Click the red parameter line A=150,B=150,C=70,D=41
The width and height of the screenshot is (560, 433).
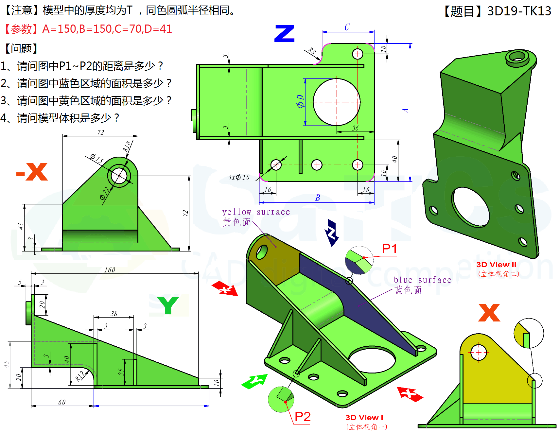[x=107, y=29]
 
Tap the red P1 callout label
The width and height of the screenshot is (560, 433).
[x=389, y=249]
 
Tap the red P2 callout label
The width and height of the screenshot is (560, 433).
[x=302, y=417]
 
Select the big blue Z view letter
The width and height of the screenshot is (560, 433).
[x=284, y=34]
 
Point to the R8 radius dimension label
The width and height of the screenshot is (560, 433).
[x=312, y=51]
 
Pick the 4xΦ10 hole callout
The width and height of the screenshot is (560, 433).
[x=239, y=178]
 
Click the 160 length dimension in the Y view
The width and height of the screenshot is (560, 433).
[x=110, y=270]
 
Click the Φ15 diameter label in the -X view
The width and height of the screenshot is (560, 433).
[x=97, y=159]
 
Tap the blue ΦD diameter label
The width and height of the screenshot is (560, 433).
[x=300, y=101]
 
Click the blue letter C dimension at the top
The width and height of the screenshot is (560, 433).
[x=347, y=27]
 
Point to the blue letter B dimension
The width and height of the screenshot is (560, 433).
[x=317, y=198]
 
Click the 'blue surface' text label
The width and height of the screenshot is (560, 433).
[x=422, y=280]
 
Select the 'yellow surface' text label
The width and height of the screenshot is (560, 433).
[x=256, y=212]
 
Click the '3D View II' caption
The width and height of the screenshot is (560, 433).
[x=496, y=265]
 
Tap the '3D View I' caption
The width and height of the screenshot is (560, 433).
[x=364, y=418]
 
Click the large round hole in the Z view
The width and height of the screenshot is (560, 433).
[x=337, y=102]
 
